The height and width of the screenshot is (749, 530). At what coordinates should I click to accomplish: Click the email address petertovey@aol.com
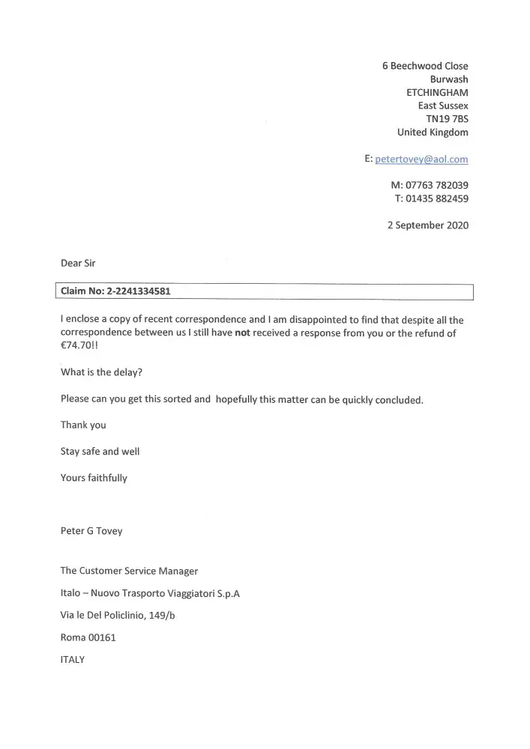click(x=421, y=159)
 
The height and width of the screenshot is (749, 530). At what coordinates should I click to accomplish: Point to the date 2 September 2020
click(x=428, y=225)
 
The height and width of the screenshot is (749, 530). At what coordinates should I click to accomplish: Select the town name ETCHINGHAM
click(x=437, y=92)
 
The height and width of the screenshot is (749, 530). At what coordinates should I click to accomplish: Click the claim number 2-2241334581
click(x=142, y=291)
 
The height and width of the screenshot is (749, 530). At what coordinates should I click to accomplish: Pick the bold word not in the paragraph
click(x=242, y=333)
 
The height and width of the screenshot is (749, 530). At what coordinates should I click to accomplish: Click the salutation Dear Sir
click(x=78, y=263)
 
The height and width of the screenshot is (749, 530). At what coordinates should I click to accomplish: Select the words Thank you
click(x=83, y=425)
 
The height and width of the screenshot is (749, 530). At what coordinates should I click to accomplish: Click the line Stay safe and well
click(x=100, y=452)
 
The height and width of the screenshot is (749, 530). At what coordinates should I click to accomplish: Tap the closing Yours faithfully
click(x=94, y=478)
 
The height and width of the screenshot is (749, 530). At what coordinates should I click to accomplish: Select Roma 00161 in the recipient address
click(x=88, y=637)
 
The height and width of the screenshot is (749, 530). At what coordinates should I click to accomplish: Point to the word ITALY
click(x=73, y=660)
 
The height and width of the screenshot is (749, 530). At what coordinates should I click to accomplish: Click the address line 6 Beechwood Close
click(x=425, y=66)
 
